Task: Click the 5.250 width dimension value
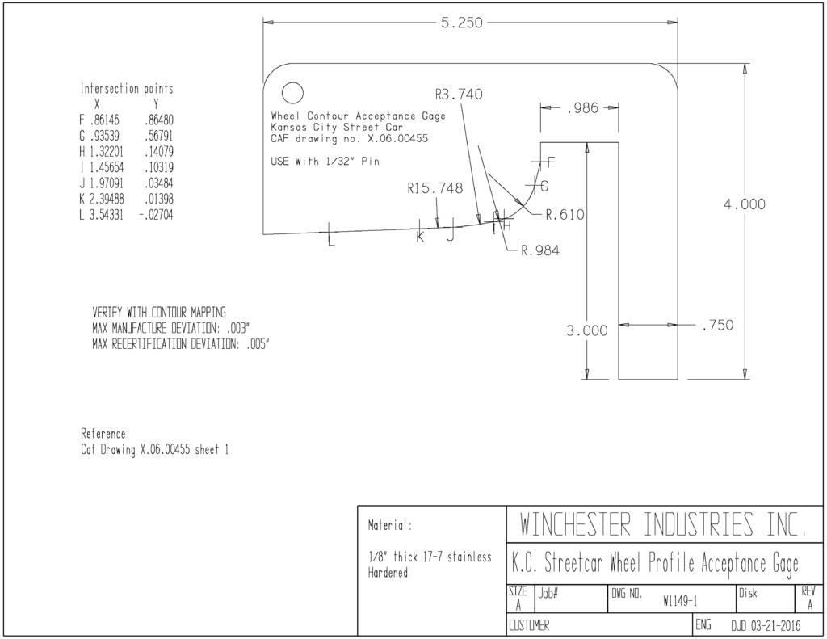click(461, 23)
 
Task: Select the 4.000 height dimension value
click(744, 204)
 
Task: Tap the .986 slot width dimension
click(582, 108)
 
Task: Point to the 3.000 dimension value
click(587, 331)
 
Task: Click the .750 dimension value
click(717, 325)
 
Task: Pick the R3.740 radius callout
click(459, 95)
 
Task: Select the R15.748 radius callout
click(435, 188)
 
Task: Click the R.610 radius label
click(565, 215)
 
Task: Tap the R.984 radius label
click(540, 250)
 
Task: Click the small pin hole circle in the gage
click(292, 94)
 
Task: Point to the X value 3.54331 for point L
click(107, 215)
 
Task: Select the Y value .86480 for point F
click(159, 120)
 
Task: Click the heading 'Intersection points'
click(127, 88)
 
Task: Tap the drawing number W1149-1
click(680, 602)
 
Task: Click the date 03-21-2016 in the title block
click(775, 626)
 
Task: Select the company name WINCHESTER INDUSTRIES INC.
click(663, 524)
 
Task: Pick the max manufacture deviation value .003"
click(237, 328)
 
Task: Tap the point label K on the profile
click(420, 237)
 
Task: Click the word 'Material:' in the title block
click(390, 525)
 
